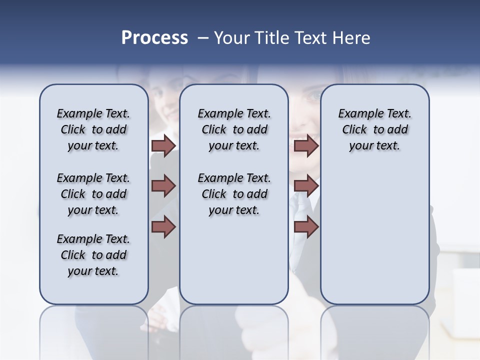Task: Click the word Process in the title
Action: click(x=154, y=38)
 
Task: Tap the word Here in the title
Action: click(x=350, y=38)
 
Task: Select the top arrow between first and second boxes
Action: click(x=163, y=146)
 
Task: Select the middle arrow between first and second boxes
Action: click(x=163, y=186)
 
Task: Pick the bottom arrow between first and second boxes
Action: click(x=163, y=226)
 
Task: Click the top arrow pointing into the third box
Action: click(x=306, y=146)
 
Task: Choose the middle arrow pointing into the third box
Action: click(x=306, y=186)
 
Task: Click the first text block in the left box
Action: click(x=93, y=130)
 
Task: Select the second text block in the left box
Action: click(x=93, y=194)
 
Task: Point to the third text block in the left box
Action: click(x=93, y=255)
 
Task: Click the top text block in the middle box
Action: click(x=234, y=130)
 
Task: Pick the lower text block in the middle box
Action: click(x=234, y=194)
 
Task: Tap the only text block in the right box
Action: click(x=374, y=130)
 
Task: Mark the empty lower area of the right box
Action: click(x=374, y=235)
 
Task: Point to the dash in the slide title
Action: click(x=203, y=38)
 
